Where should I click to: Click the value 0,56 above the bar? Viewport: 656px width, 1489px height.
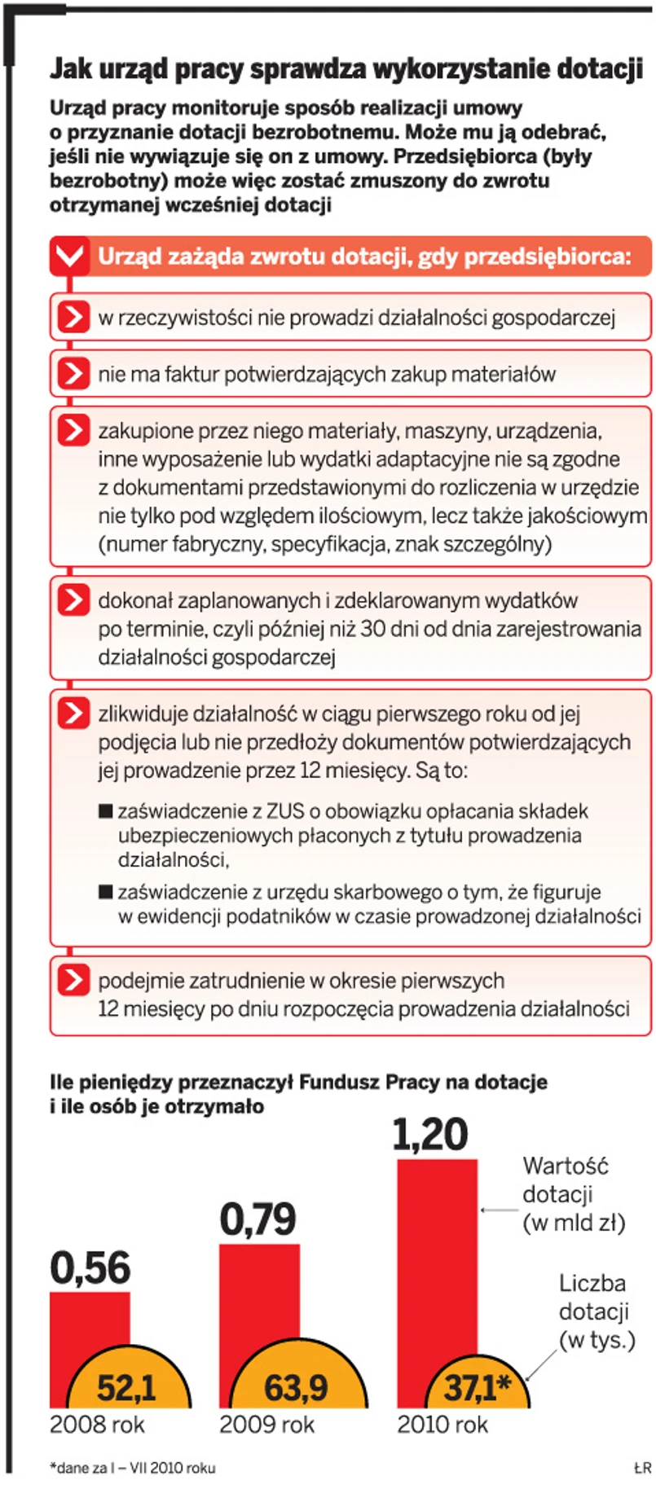90,1268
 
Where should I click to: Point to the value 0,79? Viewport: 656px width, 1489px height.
258,1219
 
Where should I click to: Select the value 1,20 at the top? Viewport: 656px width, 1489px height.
430,1135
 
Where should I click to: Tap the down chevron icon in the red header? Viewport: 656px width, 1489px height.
69,257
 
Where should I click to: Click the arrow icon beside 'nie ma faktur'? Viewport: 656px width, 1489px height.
73,374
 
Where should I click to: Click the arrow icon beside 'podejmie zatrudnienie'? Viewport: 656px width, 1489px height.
73,980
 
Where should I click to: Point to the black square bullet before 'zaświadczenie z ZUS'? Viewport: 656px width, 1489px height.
105,810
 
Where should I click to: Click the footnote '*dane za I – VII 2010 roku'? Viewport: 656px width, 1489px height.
132,1468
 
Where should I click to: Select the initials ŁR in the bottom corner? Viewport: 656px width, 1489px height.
642,1468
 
